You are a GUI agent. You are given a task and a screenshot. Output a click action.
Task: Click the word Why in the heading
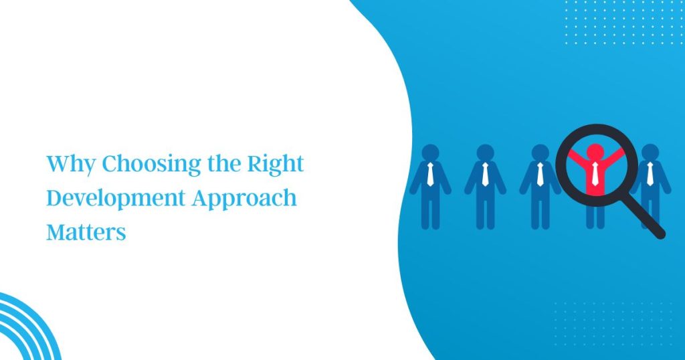coord(71,164)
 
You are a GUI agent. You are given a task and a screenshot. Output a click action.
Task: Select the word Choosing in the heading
coord(152,164)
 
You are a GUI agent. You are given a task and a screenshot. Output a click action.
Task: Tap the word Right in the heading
coord(275,164)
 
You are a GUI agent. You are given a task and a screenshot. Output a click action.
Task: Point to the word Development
coord(116,197)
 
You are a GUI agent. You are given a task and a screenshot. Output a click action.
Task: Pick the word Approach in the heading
coord(244,197)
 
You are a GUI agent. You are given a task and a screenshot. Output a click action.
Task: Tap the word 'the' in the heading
coord(224,164)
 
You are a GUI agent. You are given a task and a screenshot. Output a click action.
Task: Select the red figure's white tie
coord(595,173)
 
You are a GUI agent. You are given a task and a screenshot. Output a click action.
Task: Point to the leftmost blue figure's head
coord(430,153)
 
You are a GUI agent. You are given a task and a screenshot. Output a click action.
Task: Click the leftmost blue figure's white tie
coord(430,174)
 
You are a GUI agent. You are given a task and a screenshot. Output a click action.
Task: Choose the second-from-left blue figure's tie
coord(486,174)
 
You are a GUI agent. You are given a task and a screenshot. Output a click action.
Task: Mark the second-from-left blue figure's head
coord(486,153)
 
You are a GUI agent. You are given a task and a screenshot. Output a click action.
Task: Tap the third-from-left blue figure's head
coord(541,153)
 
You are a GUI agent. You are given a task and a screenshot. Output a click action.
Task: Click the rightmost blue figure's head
coord(650,153)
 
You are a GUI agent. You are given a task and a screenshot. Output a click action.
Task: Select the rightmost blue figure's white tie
coord(650,174)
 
